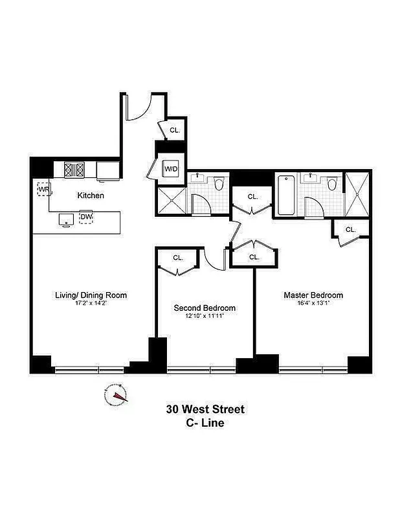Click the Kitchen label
click(91, 195)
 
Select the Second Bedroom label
click(205, 308)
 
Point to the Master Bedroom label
click(313, 295)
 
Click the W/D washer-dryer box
click(171, 169)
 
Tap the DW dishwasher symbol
click(86, 218)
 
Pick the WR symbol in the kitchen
click(43, 189)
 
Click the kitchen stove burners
click(74, 170)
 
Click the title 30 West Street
click(205, 409)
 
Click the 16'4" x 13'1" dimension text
click(313, 304)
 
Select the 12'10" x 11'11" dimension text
click(205, 317)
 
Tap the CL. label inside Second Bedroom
click(178, 258)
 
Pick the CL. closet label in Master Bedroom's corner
click(351, 229)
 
